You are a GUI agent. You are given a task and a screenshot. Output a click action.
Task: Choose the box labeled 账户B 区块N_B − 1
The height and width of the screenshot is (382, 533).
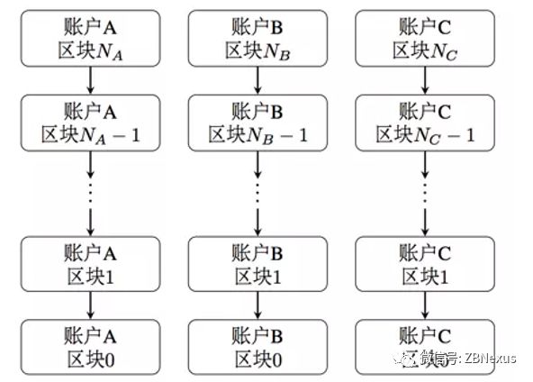(x=257, y=123)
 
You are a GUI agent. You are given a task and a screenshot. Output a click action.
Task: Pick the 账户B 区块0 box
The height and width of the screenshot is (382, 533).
(x=257, y=346)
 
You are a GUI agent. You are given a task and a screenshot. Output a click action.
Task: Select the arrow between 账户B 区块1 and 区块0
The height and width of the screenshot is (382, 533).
(x=257, y=305)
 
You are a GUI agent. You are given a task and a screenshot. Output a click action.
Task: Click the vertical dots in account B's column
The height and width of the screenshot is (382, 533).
(x=257, y=185)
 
